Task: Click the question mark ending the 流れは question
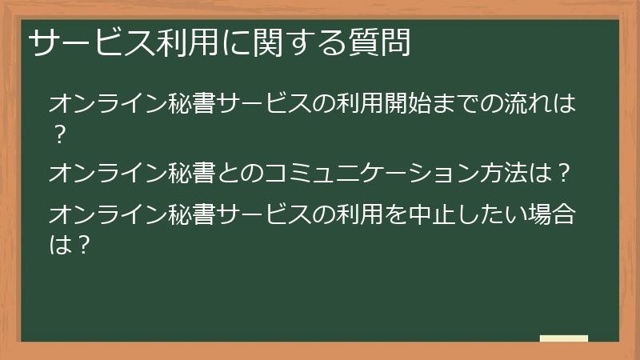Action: [58, 134]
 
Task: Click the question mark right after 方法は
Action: [563, 173]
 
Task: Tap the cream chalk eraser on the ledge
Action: [563, 338]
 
